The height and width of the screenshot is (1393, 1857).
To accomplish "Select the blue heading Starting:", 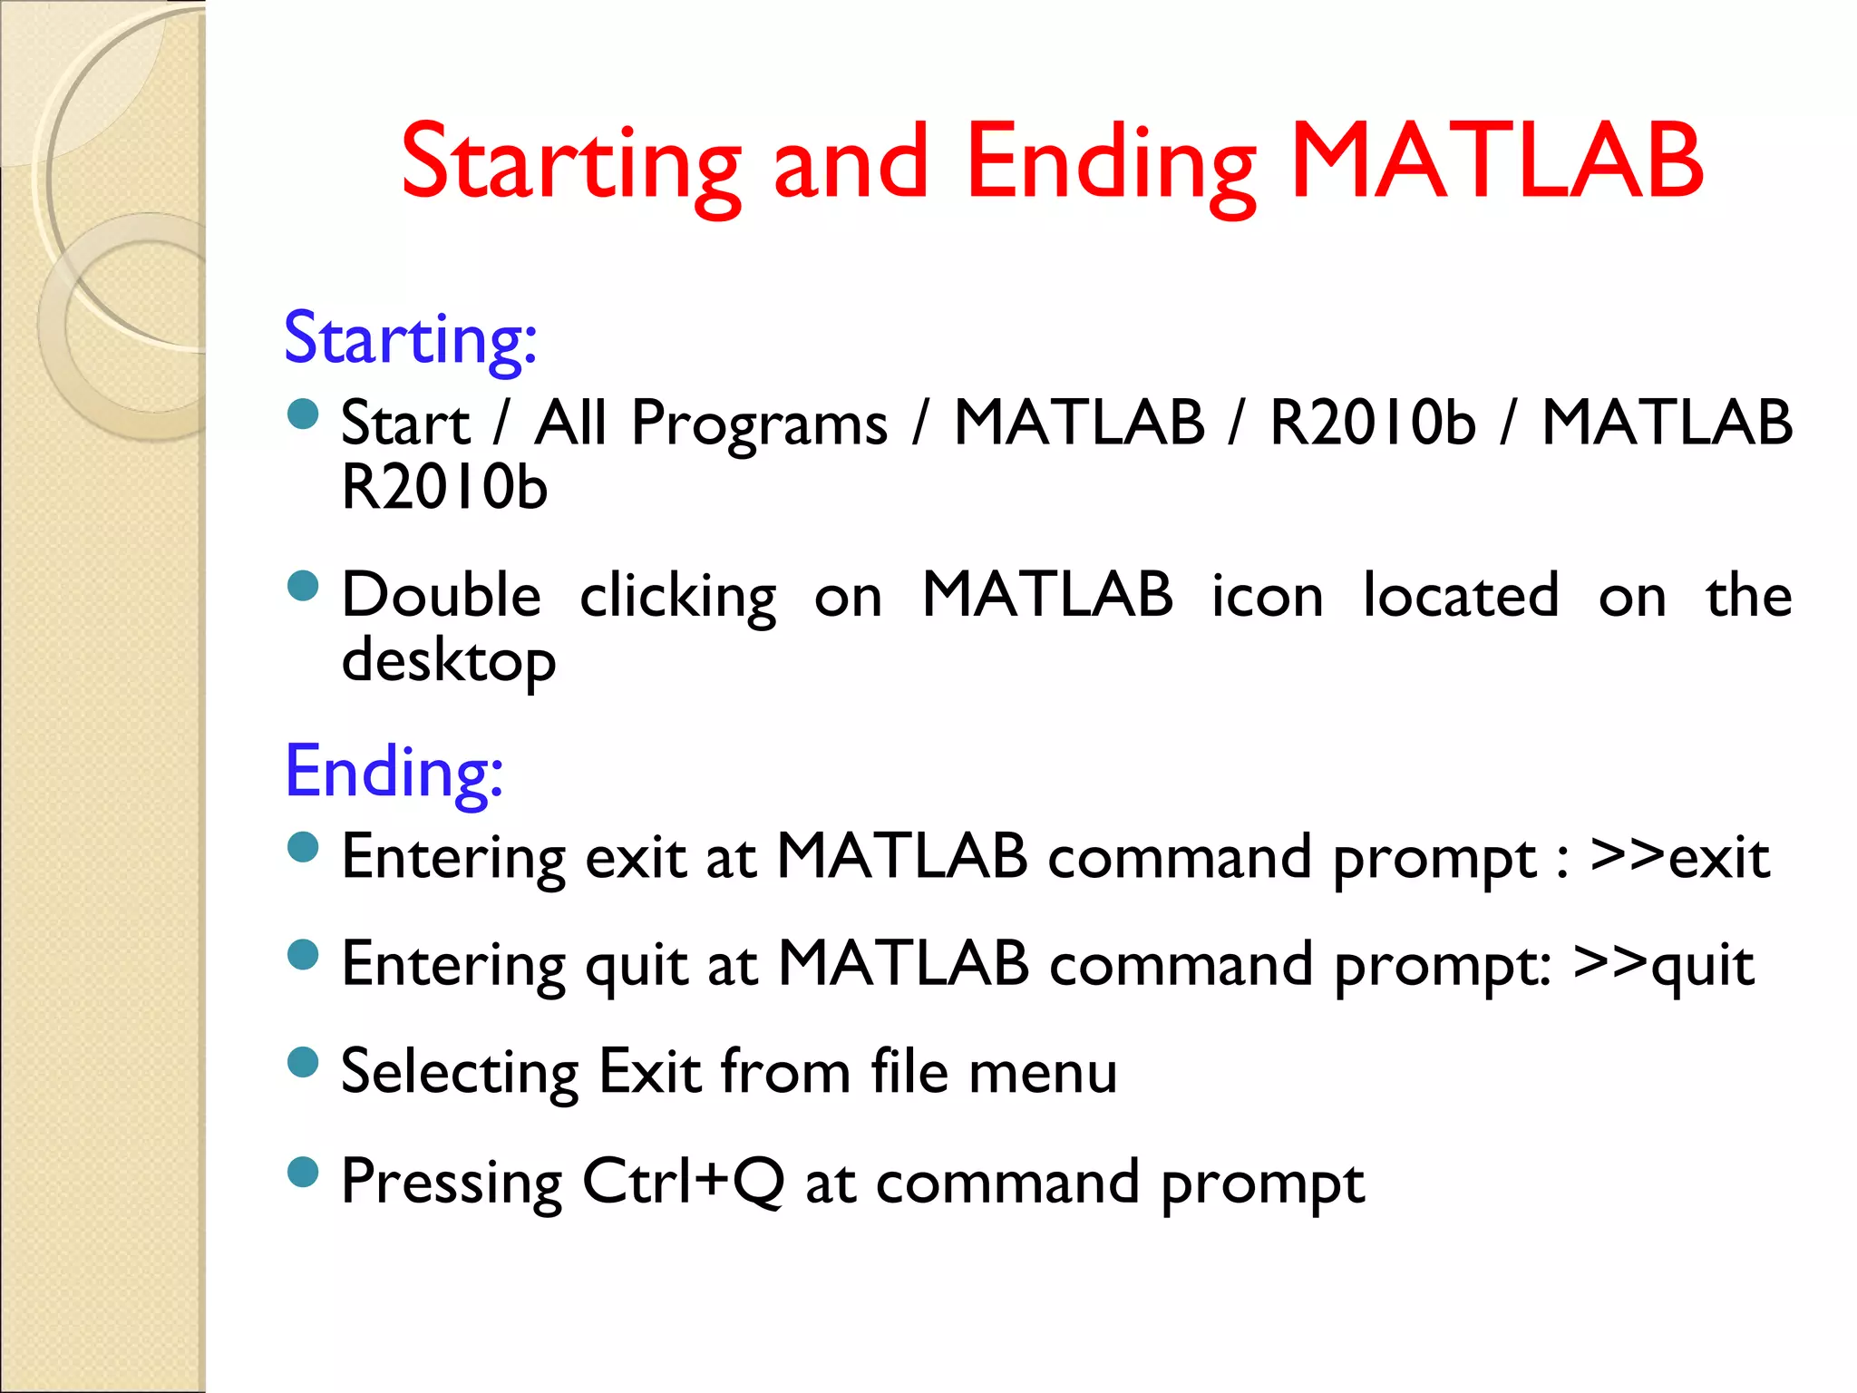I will (411, 339).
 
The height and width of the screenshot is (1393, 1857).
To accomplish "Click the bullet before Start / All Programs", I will (303, 415).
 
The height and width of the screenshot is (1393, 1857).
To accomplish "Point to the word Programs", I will (759, 424).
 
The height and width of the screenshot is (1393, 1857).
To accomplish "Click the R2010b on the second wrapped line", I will (444, 488).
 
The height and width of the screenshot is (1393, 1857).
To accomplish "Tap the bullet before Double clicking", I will (303, 586).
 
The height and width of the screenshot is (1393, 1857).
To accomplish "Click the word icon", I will (1267, 597).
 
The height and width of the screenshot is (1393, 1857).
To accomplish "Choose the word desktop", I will (448, 660).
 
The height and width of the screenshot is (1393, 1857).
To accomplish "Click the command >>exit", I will (1679, 856).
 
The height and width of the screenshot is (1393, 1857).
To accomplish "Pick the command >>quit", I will (1663, 964).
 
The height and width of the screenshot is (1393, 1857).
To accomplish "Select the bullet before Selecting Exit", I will (303, 1062).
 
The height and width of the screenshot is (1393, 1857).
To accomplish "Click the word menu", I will (1042, 1072).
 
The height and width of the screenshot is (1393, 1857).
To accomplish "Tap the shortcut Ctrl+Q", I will (682, 1181).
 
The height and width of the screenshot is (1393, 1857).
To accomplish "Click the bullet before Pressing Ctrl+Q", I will (303, 1172).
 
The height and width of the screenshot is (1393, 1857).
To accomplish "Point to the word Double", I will (441, 596).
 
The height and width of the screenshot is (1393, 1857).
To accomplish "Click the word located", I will (1461, 596).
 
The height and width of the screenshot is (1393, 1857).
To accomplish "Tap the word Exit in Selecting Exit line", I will (650, 1072).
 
